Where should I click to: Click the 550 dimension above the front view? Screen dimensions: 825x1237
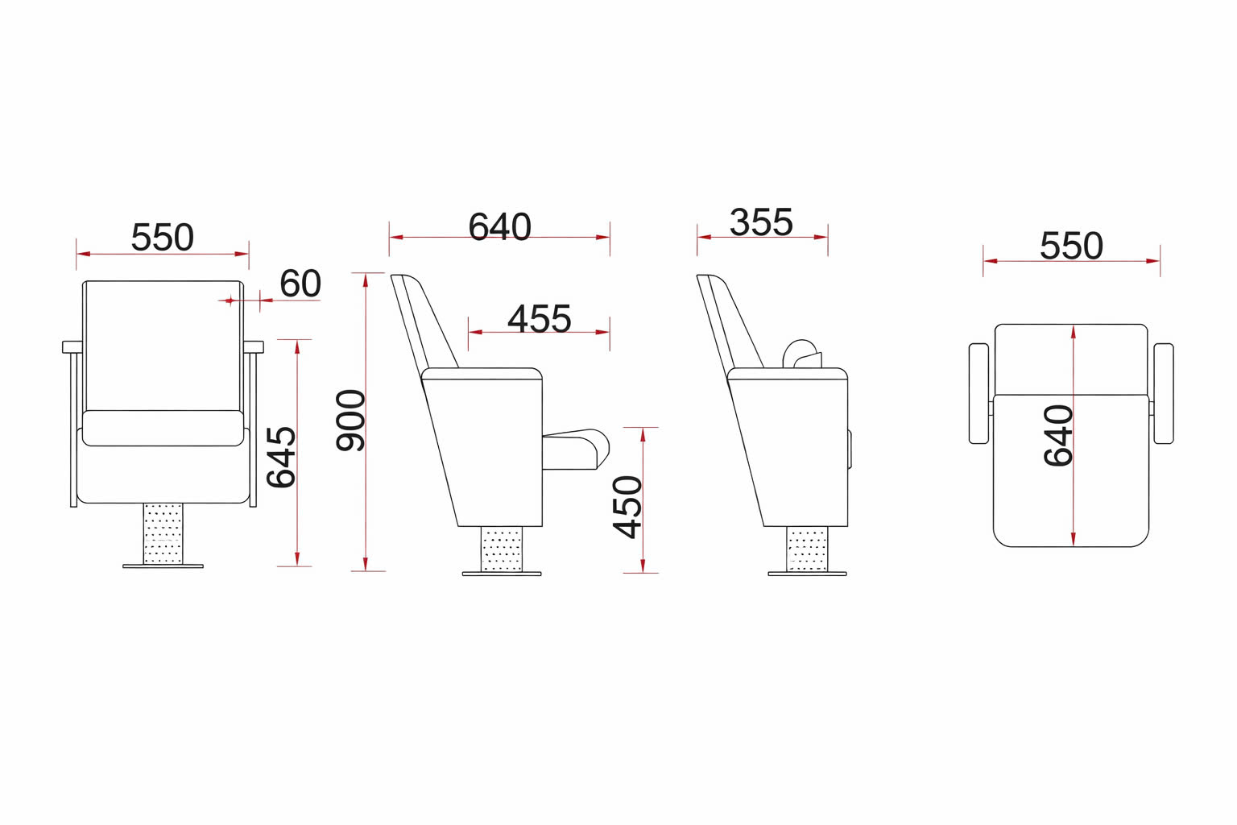click(162, 238)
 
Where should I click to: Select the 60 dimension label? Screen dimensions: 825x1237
click(300, 284)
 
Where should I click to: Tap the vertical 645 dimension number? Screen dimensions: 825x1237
click(281, 457)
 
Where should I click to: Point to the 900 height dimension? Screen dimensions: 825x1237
click(351, 420)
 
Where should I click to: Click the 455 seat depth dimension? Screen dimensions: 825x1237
click(539, 319)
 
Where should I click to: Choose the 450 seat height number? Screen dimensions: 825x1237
click(628, 506)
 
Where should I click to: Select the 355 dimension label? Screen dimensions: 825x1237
click(761, 222)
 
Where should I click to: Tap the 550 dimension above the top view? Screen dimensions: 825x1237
click(1070, 246)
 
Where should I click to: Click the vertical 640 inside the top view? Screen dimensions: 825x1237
click(1058, 435)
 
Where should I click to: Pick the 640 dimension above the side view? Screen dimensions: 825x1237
click(499, 227)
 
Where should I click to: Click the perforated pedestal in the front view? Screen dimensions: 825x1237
click(163, 533)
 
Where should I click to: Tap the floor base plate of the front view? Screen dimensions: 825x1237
click(163, 566)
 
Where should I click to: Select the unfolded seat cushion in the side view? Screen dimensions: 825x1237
click(576, 449)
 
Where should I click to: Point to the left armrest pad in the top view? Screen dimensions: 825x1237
click(978, 393)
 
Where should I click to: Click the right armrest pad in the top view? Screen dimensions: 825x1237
click(1164, 393)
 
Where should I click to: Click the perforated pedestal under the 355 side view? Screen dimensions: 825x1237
click(806, 549)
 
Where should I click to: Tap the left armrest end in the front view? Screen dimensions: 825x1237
click(72, 347)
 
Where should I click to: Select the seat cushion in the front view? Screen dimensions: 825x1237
click(163, 428)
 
